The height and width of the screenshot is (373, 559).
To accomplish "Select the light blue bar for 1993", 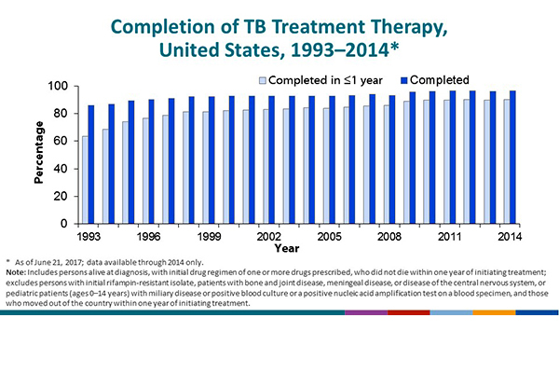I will click(86, 180).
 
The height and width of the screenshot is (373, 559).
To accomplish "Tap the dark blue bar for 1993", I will click(91, 165).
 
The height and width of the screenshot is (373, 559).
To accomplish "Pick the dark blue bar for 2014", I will click(513, 158).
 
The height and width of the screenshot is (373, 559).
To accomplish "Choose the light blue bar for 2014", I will click(507, 162).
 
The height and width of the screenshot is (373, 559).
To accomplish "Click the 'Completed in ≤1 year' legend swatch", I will click(264, 79).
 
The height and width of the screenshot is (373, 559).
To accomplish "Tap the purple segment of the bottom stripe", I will click(364, 314).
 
